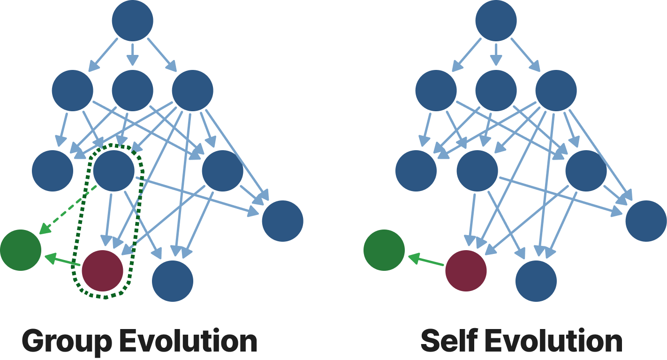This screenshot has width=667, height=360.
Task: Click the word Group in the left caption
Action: point(66,341)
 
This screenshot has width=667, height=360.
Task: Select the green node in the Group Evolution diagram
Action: point(21,250)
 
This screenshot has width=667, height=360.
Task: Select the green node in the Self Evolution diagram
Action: point(384,250)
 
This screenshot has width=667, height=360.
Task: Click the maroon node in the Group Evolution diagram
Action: point(103,271)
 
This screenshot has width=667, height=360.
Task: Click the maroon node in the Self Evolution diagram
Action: point(466,271)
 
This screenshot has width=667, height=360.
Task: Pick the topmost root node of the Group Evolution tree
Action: point(133,21)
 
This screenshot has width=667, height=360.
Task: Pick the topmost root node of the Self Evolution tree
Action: point(496,21)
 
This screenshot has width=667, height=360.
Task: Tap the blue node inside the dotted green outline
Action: point(114,170)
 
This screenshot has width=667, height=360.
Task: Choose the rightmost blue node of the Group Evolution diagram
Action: point(283,221)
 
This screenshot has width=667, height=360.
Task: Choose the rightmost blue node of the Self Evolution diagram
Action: point(646,221)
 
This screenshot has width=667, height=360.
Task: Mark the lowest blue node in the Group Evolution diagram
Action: point(173,281)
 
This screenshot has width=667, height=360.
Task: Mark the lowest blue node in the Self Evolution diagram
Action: point(536,281)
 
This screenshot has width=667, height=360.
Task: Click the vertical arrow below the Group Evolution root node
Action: point(133,54)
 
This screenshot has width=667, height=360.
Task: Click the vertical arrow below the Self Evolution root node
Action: point(496,54)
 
